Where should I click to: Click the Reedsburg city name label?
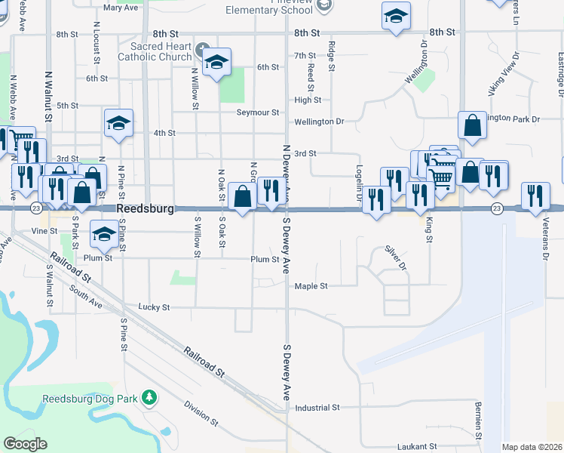click(x=146, y=208)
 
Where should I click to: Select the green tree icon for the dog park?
click(x=149, y=396)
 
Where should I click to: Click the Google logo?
click(x=26, y=443)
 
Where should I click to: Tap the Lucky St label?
click(x=155, y=307)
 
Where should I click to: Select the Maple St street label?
click(x=311, y=286)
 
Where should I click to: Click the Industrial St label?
click(x=317, y=408)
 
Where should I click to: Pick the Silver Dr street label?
click(x=395, y=258)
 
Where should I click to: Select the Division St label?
click(x=201, y=412)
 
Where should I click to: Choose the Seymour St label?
click(x=258, y=112)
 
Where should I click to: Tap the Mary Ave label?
click(x=121, y=8)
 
